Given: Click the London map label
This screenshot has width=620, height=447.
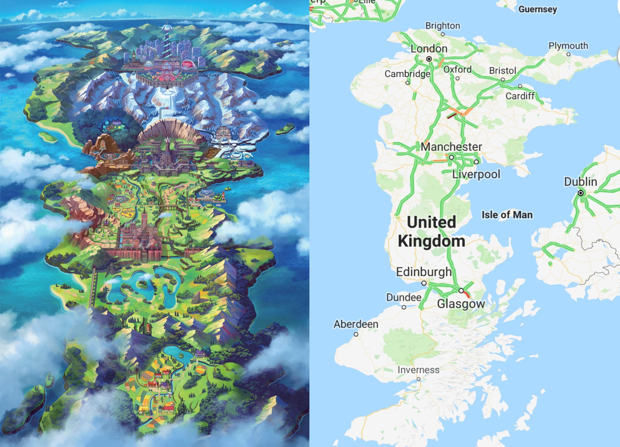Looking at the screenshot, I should pyautogui.click(x=429, y=49).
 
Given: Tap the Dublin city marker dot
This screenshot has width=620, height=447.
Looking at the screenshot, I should pyautogui.click(x=581, y=193).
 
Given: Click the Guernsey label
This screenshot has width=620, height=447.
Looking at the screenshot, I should pyautogui.click(x=537, y=9).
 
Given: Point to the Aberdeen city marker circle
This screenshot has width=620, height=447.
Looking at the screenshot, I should pyautogui.click(x=356, y=334).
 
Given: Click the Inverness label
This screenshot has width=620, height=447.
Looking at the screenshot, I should pyautogui.click(x=418, y=370).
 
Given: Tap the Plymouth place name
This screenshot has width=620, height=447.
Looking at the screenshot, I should pyautogui.click(x=568, y=46).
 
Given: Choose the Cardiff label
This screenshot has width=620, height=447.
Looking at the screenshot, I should pyautogui.click(x=520, y=96).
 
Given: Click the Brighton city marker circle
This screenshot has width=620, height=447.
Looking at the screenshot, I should pyautogui.click(x=443, y=34).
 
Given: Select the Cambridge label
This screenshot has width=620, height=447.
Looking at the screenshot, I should pyautogui.click(x=407, y=73).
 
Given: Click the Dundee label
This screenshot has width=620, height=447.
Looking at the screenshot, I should pyautogui.click(x=403, y=297).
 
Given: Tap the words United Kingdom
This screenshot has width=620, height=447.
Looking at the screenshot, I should pyautogui.click(x=431, y=232).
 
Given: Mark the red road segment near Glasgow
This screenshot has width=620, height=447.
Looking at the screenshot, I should pyautogui.click(x=466, y=294).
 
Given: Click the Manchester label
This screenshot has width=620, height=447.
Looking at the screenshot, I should pyautogui.click(x=451, y=147).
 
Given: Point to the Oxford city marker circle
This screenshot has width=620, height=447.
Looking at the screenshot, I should pyautogui.click(x=457, y=78).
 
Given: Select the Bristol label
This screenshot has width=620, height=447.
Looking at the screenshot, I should pyautogui.click(x=503, y=70).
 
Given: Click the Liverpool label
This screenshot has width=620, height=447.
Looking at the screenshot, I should pyautogui.click(x=476, y=174).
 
